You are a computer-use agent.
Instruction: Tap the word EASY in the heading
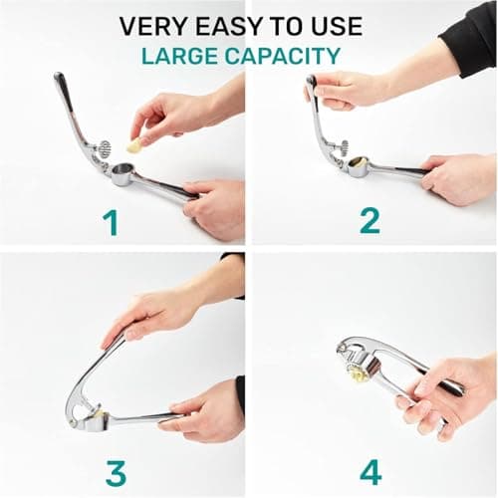pos(224,26)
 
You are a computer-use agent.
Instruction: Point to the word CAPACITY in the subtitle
pos(289,56)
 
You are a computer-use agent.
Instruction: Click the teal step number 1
pos(111,221)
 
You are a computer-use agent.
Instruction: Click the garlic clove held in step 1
pos(133,146)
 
